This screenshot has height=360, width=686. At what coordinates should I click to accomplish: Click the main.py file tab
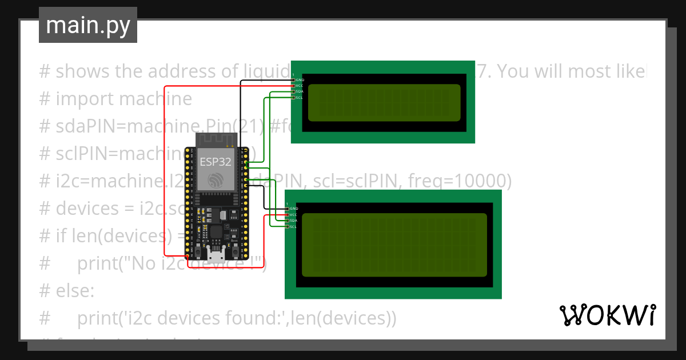pos(87,25)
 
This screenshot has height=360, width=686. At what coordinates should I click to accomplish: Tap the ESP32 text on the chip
pos(215,162)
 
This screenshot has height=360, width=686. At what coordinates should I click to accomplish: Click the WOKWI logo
pos(607,315)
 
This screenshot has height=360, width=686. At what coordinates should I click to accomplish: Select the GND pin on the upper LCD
pos(294,80)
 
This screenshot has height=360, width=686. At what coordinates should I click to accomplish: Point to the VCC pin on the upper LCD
pos(294,86)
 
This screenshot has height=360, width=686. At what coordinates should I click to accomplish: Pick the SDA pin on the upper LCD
pos(294,92)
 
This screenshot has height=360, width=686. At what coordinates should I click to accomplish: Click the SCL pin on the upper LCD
pos(294,98)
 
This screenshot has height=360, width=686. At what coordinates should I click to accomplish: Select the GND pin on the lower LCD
pos(288,209)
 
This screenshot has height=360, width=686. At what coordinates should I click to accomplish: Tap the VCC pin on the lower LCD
pos(288,215)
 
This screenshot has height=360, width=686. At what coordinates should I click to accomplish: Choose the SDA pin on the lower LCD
pos(288,221)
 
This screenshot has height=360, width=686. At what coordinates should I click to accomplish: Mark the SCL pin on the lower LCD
pos(288,227)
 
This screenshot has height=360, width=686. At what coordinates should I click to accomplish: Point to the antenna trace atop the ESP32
pos(216,139)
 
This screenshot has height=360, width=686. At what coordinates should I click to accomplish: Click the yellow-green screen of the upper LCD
pos(384,103)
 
